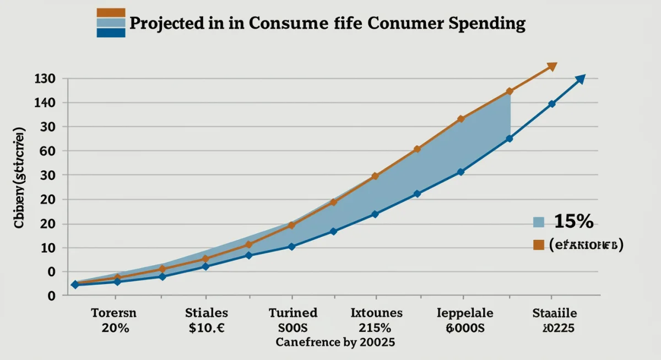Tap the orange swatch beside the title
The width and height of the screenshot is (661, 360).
(x=111, y=13)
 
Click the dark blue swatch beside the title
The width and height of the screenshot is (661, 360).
(x=111, y=33)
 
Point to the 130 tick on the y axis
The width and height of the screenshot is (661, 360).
(x=45, y=79)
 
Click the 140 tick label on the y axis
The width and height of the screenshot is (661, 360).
(x=45, y=103)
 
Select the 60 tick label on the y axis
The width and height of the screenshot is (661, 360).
(x=48, y=151)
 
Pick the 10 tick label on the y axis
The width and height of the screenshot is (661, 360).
(x=48, y=248)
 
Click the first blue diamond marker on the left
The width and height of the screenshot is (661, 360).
(x=75, y=285)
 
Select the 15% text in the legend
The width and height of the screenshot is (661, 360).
(x=573, y=221)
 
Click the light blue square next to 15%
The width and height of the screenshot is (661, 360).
(x=539, y=222)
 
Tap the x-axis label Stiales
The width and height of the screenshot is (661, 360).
(x=207, y=313)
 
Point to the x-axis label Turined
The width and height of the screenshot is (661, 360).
(x=293, y=313)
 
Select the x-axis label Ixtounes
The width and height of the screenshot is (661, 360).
(x=377, y=313)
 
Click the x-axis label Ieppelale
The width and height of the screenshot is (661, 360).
(x=464, y=313)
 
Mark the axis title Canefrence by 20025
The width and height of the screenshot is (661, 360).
(x=335, y=342)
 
